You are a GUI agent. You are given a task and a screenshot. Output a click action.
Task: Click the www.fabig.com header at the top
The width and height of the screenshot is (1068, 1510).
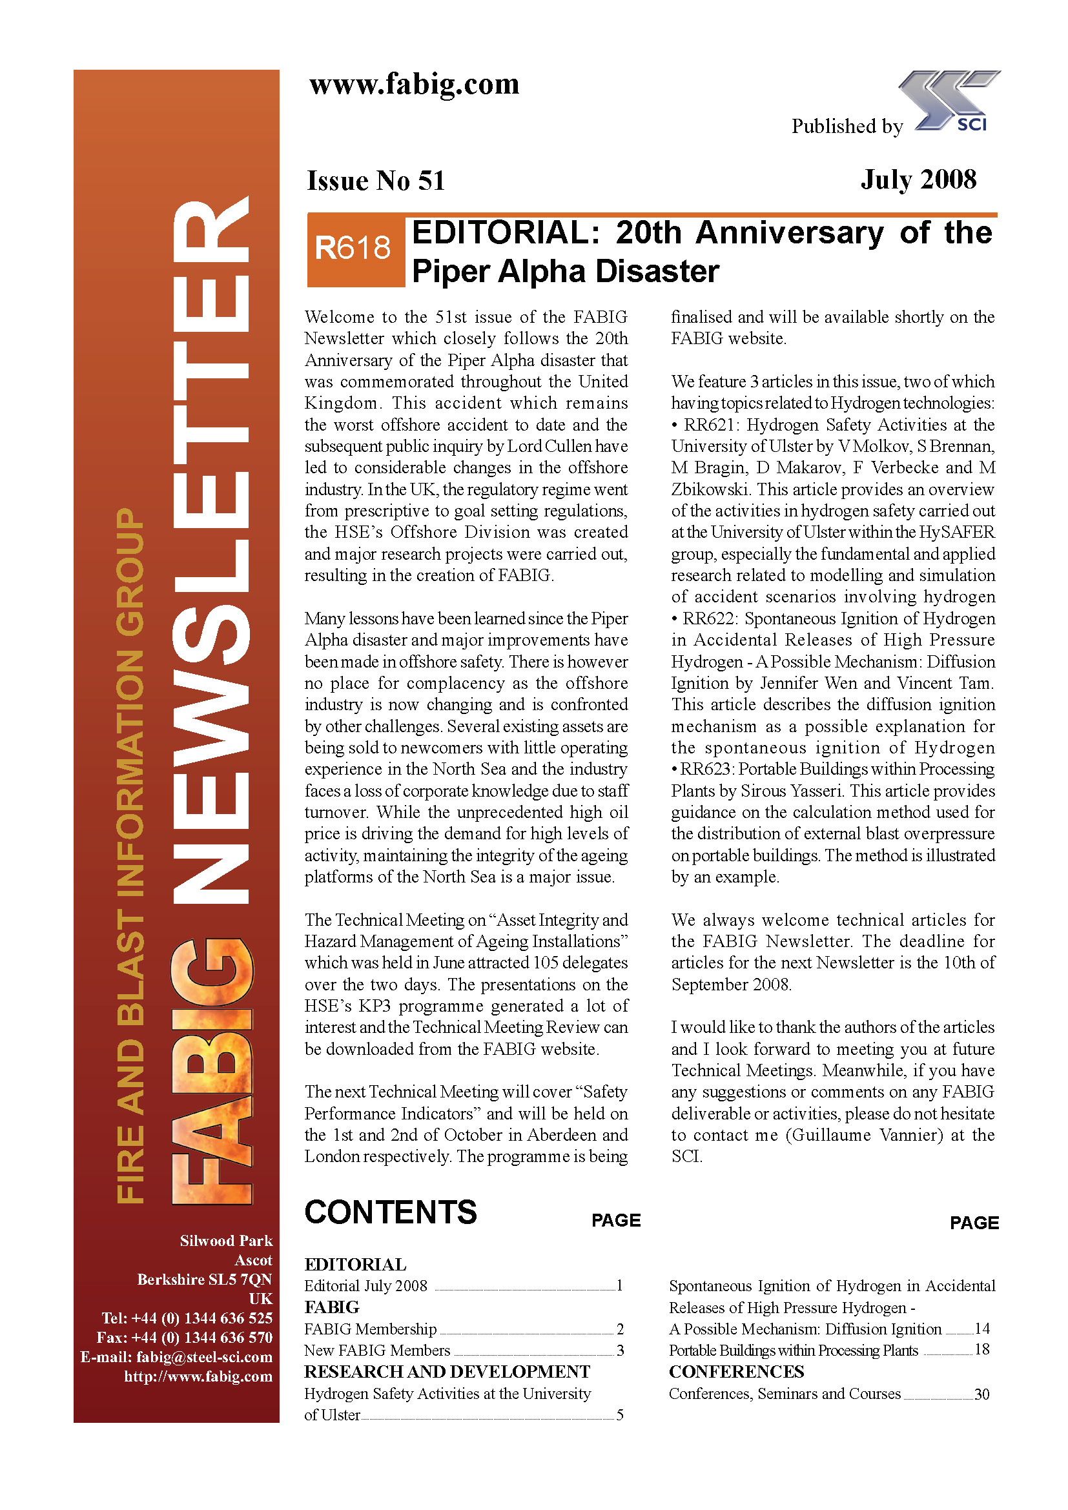click(415, 84)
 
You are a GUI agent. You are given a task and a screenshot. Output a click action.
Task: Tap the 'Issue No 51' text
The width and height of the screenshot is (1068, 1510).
click(376, 181)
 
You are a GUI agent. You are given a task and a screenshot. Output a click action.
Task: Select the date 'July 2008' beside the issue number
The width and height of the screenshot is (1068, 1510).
click(918, 179)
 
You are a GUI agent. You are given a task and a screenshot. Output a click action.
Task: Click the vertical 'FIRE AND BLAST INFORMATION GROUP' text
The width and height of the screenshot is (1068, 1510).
click(130, 855)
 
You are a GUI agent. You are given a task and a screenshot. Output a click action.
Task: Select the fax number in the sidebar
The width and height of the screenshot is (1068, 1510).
click(184, 1337)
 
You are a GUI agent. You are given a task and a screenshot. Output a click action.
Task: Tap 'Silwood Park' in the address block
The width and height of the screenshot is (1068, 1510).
click(226, 1240)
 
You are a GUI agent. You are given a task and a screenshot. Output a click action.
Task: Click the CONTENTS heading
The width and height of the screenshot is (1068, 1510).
click(391, 1212)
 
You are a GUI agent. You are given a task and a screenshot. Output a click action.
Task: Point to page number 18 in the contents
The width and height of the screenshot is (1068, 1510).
click(981, 1349)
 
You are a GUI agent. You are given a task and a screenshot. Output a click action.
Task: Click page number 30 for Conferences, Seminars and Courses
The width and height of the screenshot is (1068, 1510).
click(981, 1394)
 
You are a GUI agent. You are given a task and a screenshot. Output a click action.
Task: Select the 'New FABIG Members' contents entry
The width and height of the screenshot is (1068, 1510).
click(377, 1350)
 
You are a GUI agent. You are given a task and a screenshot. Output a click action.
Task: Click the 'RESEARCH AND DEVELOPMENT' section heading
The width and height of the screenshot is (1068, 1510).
click(447, 1372)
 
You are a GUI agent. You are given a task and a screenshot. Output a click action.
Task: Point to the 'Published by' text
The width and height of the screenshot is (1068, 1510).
click(847, 127)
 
